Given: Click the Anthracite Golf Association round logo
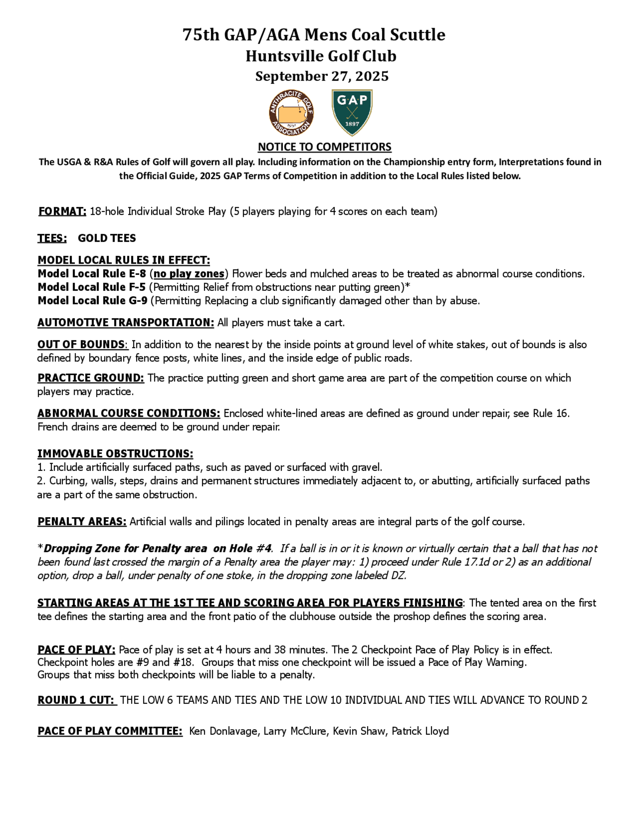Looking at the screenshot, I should [291, 112].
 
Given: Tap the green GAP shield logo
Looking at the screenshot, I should [352, 112].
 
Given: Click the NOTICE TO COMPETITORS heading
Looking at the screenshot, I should [324, 147].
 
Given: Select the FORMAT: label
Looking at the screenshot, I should [62, 211].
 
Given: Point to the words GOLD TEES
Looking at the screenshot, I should [107, 238].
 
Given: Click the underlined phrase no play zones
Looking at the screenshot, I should [189, 273].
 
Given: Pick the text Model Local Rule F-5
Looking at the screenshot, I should [92, 287].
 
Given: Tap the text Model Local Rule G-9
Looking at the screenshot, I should [92, 301].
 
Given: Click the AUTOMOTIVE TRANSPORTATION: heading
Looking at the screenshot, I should [126, 322].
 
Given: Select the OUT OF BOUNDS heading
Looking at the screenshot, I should [81, 344].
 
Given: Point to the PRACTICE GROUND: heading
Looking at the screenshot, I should [90, 378].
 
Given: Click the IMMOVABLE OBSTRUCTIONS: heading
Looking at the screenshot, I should [115, 454].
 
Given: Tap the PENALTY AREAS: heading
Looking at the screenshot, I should [82, 522].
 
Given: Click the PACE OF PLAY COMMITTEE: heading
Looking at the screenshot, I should [110, 731].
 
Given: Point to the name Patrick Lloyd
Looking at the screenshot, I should [420, 731].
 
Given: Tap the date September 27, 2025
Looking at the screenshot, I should [322, 76].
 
